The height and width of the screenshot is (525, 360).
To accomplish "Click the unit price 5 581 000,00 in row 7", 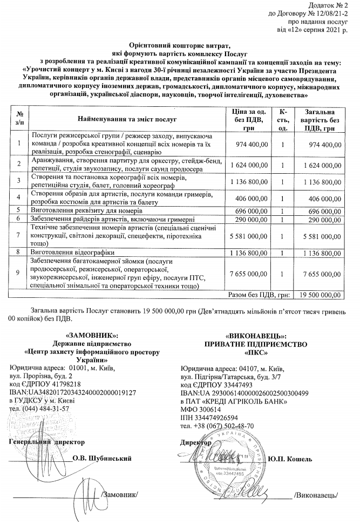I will coord(249,235).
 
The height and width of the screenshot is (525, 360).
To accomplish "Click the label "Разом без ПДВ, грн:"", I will coord(261,295).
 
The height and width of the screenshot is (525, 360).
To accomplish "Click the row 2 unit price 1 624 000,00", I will coord(249,164).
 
